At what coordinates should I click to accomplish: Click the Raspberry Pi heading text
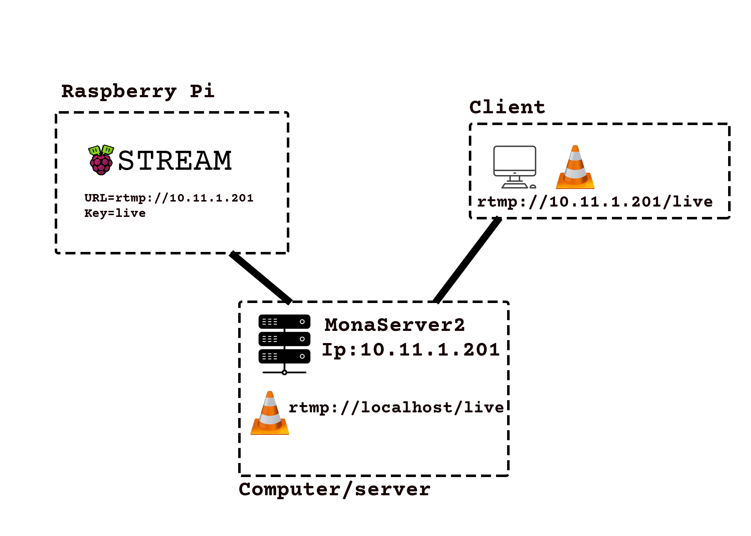tap(138, 91)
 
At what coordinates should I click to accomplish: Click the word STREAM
tap(175, 160)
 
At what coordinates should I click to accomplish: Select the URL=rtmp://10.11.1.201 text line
tap(169, 198)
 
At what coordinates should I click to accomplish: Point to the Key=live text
tap(115, 213)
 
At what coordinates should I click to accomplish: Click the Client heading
tap(507, 107)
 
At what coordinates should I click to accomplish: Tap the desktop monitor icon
tap(515, 166)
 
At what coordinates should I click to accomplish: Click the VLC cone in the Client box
tap(575, 168)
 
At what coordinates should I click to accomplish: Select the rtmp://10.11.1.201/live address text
tap(595, 202)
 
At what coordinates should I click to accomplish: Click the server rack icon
tap(284, 343)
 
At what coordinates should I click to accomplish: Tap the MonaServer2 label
tap(394, 325)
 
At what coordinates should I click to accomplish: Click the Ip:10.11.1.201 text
tap(411, 349)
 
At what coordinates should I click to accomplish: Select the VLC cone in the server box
tap(270, 415)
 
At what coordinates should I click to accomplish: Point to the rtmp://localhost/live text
tap(396, 407)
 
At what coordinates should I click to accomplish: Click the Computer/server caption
tap(334, 490)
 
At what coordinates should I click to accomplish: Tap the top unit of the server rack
tap(284, 322)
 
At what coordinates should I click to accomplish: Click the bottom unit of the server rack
tap(284, 356)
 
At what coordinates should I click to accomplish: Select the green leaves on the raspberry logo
tap(101, 150)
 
